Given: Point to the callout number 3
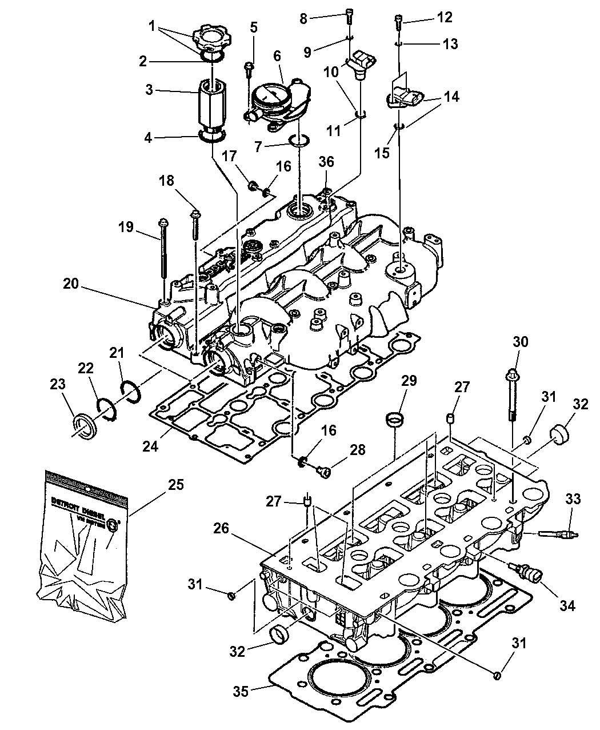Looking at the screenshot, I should coord(149,90).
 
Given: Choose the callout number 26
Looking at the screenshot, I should coord(221,528).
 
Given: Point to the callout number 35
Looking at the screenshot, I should coord(241,691).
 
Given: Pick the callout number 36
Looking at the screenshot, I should coord(326,162).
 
